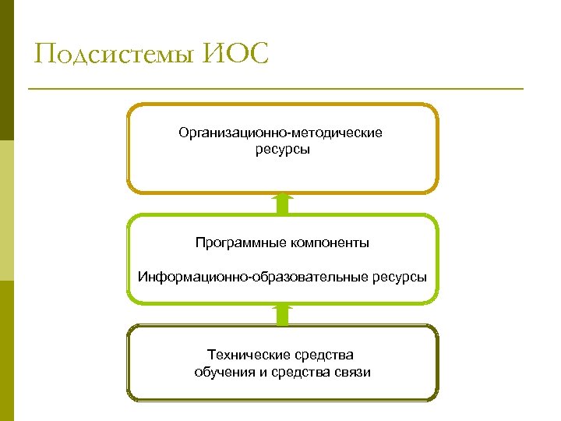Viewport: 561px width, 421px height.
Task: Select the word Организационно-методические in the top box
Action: pos(280,133)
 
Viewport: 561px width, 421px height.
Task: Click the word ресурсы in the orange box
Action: pos(282,148)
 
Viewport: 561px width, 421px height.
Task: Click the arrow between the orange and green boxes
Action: pos(282,204)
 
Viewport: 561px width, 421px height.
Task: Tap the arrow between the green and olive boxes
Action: pos(282,315)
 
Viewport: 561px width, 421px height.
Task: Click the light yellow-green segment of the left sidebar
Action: pos(7,210)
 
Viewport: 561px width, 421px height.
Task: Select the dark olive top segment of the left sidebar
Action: pos(7,70)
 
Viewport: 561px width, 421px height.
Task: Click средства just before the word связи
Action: pos(302,372)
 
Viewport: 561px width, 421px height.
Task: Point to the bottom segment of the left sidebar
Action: pos(7,351)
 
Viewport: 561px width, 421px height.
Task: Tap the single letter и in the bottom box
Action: pos(262,372)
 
